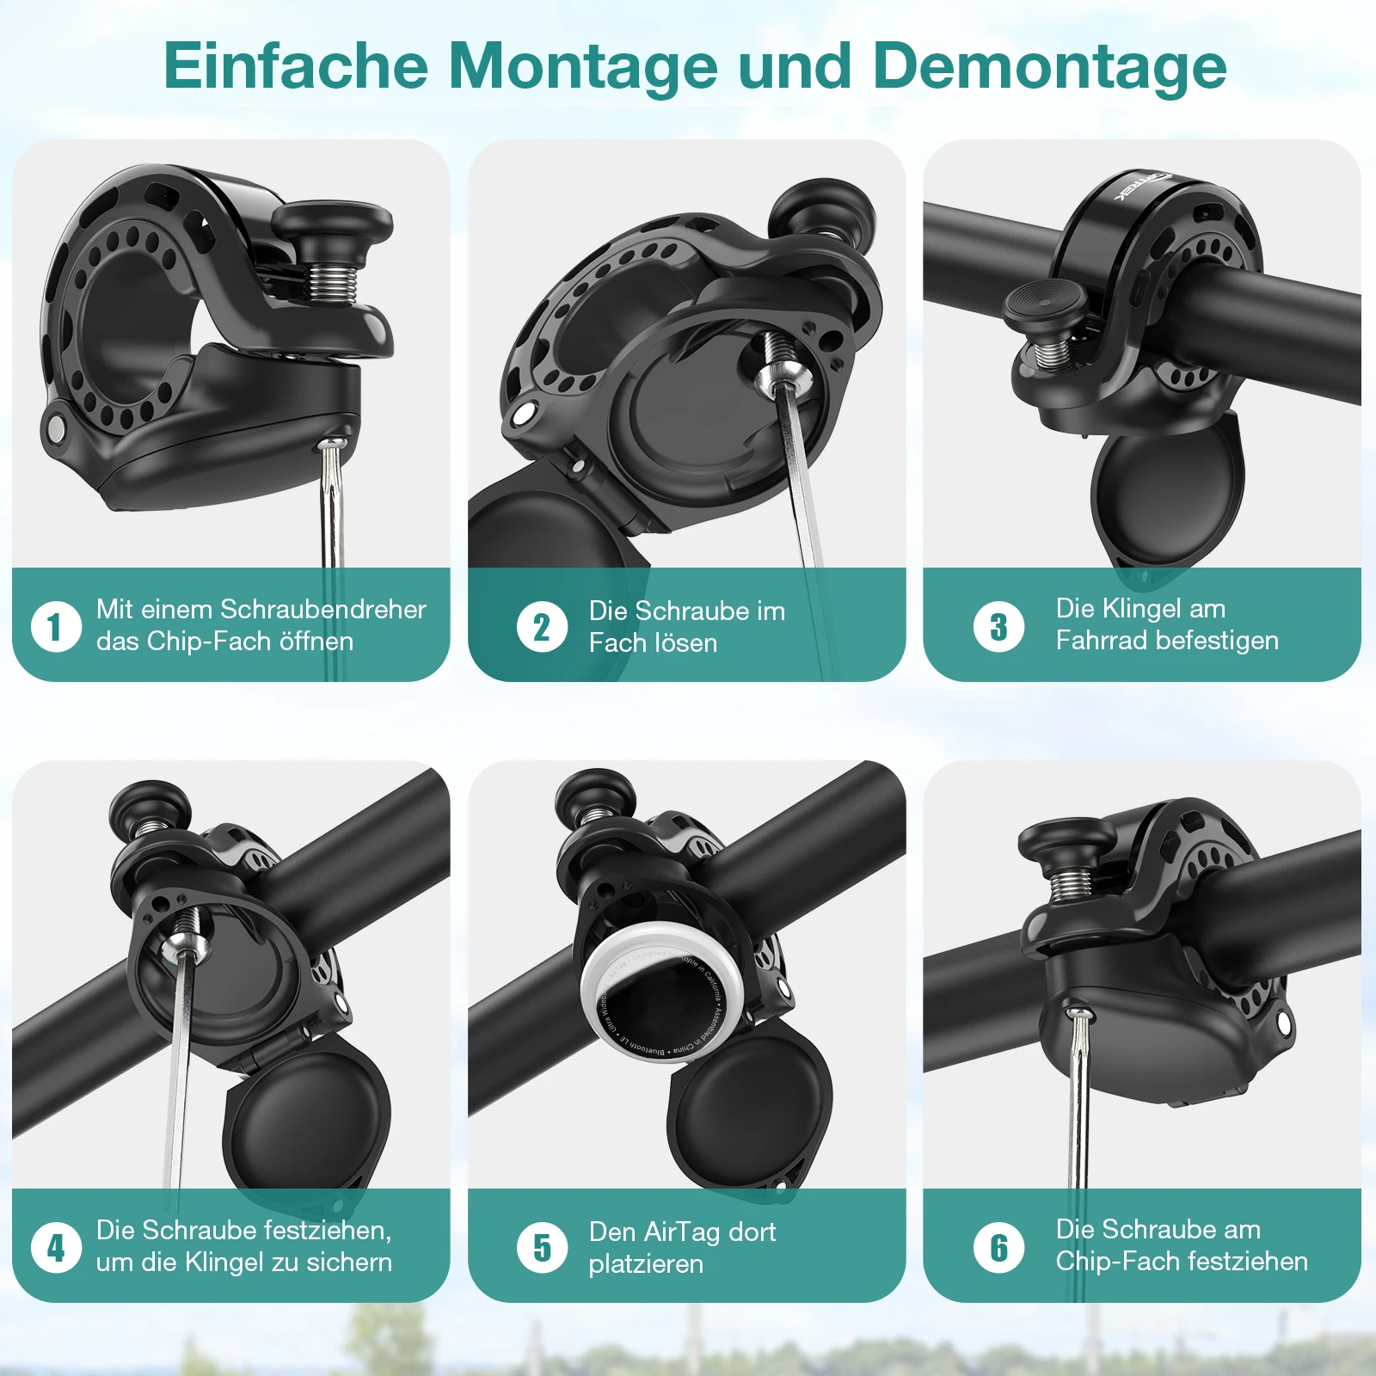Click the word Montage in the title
click(x=582, y=67)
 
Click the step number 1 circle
click(x=56, y=626)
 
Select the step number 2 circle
click(x=542, y=626)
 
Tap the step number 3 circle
click(x=998, y=626)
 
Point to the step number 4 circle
click(x=56, y=1247)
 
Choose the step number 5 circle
click(x=542, y=1247)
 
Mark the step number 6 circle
click(x=998, y=1247)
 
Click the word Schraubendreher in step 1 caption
click(x=323, y=609)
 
